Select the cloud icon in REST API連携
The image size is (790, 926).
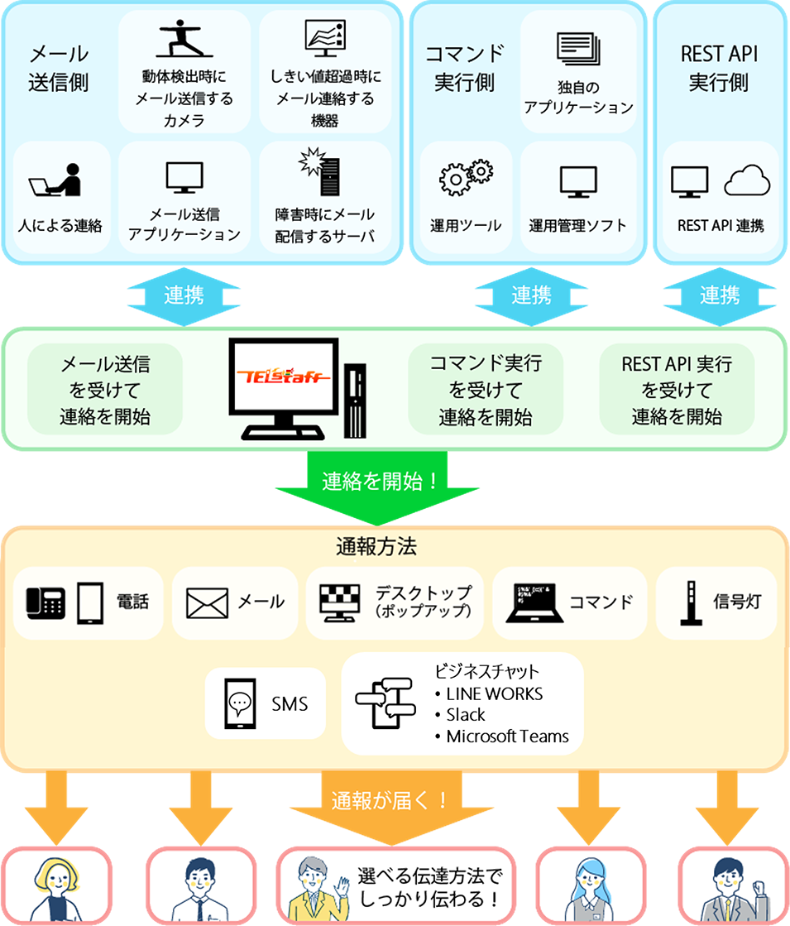click(747, 180)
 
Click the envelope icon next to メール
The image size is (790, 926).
click(207, 603)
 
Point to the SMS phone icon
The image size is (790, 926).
click(239, 703)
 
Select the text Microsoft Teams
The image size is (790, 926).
click(507, 736)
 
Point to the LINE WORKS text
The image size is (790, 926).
click(494, 693)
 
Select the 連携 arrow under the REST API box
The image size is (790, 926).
click(719, 295)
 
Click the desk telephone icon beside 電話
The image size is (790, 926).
click(45, 602)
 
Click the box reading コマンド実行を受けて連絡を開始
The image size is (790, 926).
click(486, 389)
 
